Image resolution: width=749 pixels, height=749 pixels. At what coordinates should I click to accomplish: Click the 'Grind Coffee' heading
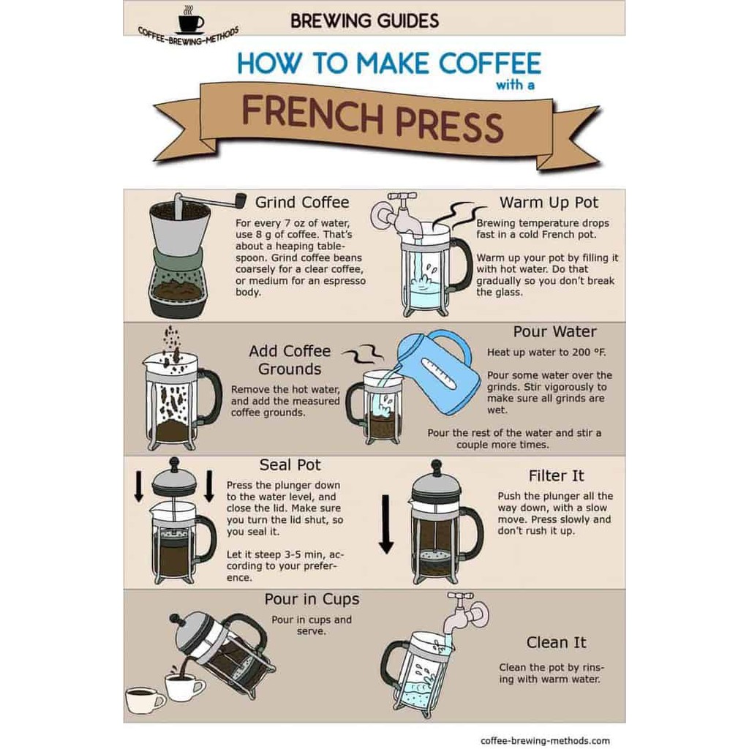302,203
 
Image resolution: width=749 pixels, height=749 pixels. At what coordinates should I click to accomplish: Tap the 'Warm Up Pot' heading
549,203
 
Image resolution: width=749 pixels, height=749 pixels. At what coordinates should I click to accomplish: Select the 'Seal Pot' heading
290,464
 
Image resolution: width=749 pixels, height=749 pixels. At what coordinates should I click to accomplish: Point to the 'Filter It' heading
556,475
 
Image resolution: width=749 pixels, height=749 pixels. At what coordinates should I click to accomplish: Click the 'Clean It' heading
556,642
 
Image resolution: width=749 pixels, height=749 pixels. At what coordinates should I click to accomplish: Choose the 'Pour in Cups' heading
312,599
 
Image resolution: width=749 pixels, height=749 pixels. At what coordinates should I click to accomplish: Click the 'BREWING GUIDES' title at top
364,21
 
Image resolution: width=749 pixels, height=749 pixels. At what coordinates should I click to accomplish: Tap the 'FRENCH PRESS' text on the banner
372,118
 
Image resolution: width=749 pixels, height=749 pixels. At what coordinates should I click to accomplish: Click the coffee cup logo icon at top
191,20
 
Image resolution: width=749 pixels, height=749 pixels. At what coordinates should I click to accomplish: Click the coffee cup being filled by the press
184,685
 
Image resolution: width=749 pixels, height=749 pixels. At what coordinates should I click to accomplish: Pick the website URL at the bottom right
545,740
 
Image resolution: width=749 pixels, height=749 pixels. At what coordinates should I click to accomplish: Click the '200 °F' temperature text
589,353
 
